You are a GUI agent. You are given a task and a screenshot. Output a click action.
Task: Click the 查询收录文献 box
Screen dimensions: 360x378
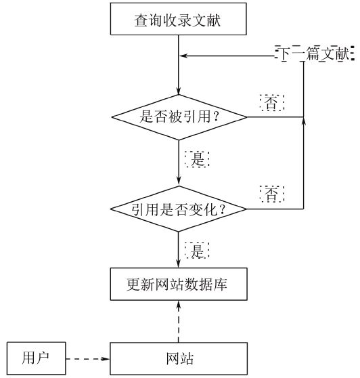point(178,19)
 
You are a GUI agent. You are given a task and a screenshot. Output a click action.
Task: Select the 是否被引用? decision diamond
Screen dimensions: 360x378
point(179,117)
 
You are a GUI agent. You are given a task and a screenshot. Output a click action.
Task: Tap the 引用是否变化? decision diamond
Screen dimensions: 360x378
point(179,209)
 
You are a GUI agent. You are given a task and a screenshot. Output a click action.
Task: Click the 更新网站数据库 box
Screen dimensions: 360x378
point(179,284)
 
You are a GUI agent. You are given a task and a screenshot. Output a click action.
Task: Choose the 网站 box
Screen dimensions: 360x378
point(179,359)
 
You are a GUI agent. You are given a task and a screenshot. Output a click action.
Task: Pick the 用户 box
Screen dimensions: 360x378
point(36,358)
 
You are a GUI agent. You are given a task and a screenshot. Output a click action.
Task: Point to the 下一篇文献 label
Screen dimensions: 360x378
point(315,54)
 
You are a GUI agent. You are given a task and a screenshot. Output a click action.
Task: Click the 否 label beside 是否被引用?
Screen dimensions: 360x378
point(272,103)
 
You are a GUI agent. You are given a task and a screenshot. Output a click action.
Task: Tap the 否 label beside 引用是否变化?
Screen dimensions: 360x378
point(272,194)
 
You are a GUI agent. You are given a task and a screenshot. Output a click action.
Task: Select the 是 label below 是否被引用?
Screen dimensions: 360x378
point(197,159)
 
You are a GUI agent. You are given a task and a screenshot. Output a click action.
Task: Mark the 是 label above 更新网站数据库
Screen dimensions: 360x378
point(197,251)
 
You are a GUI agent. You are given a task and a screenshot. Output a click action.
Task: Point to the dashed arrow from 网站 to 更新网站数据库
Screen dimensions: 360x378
point(179,321)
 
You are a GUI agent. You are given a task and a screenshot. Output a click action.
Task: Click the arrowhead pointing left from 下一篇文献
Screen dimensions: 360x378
point(183,56)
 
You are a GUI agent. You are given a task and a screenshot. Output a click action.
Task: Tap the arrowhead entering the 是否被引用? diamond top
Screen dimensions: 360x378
point(179,91)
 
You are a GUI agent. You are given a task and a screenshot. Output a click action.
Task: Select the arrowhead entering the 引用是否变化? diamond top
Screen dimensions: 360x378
point(179,182)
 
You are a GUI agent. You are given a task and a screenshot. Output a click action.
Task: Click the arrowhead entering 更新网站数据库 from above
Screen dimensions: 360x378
point(178,264)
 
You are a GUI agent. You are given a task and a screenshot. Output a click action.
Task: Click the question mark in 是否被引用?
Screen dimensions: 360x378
point(216,117)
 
